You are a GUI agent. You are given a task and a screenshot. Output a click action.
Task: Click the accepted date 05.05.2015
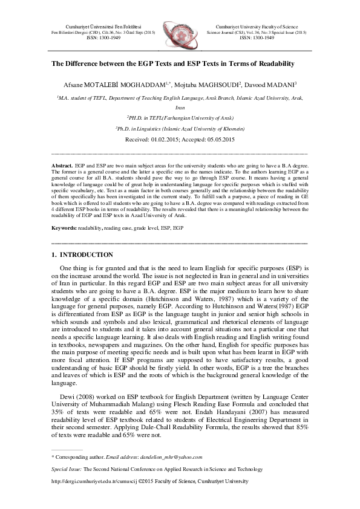pyautogui.click(x=220, y=140)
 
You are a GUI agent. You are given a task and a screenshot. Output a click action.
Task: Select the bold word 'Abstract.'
pyautogui.click(x=62, y=165)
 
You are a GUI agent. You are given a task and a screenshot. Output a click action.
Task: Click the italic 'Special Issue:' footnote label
pyautogui.click(x=67, y=469)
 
